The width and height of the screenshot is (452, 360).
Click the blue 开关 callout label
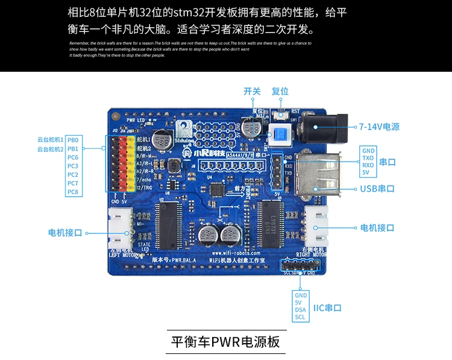pyautogui.click(x=252, y=91)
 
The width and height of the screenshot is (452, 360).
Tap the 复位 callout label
pyautogui.click(x=280, y=91)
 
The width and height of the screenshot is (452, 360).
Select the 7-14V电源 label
pyautogui.click(x=379, y=127)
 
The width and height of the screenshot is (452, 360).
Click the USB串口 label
pyautogui.click(x=377, y=189)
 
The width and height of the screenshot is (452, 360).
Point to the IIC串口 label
pyautogui.click(x=327, y=308)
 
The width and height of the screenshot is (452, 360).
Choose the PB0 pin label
pyautogui.click(x=73, y=140)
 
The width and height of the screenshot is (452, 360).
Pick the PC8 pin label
pyautogui.click(x=73, y=192)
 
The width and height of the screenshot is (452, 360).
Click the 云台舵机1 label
pyautogui.click(x=50, y=140)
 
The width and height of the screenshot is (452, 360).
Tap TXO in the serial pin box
pyautogui.click(x=368, y=157)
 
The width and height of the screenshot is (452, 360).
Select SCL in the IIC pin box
pyautogui.click(x=300, y=318)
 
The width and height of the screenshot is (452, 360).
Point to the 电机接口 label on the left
pyautogui.click(x=64, y=232)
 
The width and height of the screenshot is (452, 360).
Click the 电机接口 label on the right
pyautogui.click(x=377, y=228)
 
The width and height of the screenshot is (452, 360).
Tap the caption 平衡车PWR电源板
pyautogui.click(x=225, y=342)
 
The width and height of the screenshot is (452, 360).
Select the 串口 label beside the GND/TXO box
pyautogui.click(x=388, y=162)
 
